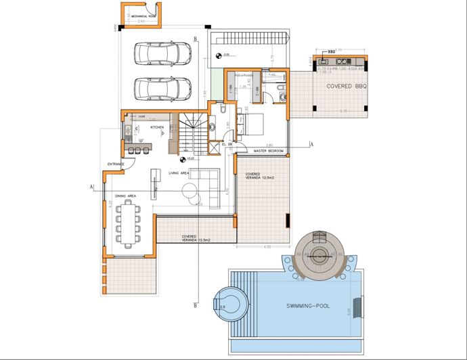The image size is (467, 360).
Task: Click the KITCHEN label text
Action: tap(157, 127)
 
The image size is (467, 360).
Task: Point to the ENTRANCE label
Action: tap(116, 164)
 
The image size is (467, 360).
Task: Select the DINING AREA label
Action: tap(125, 196)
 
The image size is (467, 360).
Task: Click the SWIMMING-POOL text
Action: tap(308, 307)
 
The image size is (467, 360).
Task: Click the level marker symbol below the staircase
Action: tap(183, 160)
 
